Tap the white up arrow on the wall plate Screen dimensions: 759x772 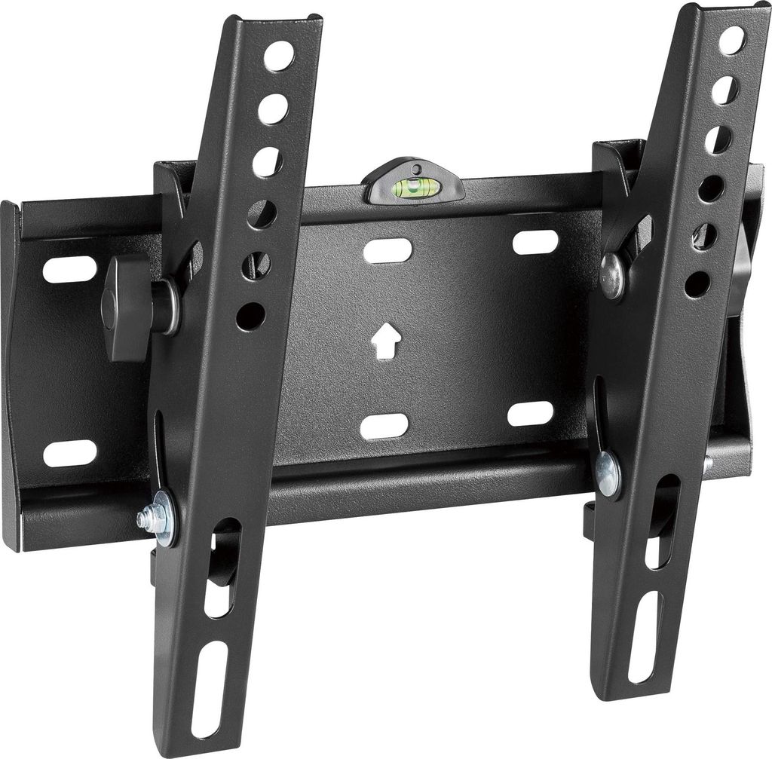(x=384, y=340)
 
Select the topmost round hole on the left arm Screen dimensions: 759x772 (x=278, y=56)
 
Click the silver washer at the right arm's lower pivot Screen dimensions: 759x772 (x=607, y=473)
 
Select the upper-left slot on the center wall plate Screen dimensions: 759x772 (x=388, y=250)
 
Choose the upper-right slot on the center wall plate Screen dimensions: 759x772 (x=535, y=242)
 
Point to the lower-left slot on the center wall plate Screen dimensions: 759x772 (x=384, y=427)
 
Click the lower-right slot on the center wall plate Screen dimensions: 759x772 (x=530, y=414)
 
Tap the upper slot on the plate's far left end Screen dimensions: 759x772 (x=69, y=269)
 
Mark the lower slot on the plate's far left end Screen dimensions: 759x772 (x=69, y=453)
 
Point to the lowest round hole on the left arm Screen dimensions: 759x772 (x=250, y=316)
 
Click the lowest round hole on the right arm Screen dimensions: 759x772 (x=697, y=284)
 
